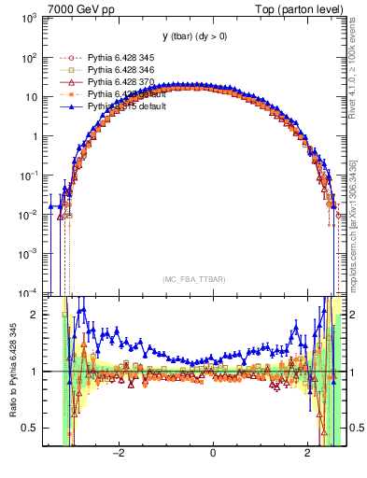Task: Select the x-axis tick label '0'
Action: (x=214, y=455)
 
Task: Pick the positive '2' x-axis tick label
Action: (x=309, y=455)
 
